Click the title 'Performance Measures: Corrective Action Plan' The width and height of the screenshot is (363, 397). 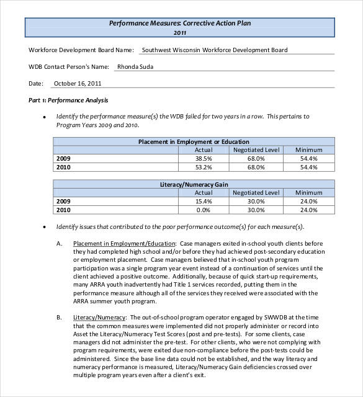tap(180, 23)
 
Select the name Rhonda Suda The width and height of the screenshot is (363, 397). tap(135, 66)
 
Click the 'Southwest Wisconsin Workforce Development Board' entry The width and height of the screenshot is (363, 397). tap(215, 50)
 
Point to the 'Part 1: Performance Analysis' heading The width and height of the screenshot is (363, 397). tap(68, 100)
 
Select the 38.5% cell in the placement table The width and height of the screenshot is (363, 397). tap(204, 158)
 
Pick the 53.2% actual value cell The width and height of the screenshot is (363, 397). tap(204, 167)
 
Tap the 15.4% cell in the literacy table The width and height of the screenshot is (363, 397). tap(204, 201)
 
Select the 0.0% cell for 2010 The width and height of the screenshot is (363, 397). tap(205, 210)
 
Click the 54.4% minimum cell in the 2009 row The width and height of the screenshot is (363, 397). tap(308, 158)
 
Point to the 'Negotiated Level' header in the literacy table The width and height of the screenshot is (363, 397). tap(256, 193)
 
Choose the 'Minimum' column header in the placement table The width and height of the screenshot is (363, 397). tap(308, 149)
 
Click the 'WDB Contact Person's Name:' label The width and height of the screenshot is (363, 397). tap(68, 66)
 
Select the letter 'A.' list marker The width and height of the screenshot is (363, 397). tap(60, 244)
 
